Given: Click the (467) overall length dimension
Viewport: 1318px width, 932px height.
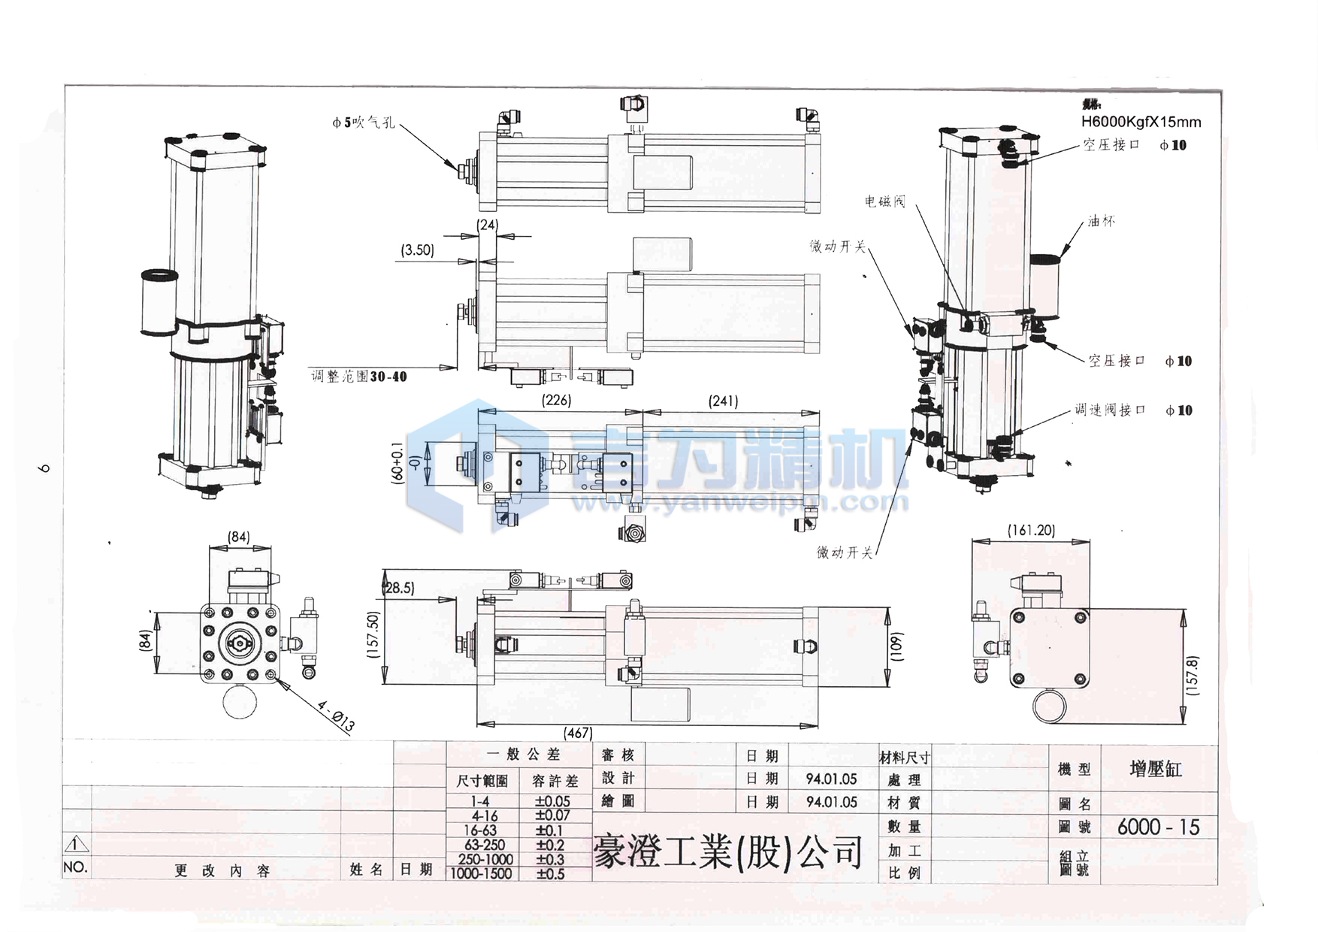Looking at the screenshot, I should click(578, 732).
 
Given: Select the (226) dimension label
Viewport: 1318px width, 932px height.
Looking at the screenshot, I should click(556, 400).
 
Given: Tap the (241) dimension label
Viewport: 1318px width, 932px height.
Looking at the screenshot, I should click(723, 401).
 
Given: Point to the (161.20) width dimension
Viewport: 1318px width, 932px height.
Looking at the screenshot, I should click(1031, 530).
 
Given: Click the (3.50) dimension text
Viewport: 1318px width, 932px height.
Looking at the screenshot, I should click(417, 250).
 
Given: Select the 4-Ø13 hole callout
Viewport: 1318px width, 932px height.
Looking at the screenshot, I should click(336, 716).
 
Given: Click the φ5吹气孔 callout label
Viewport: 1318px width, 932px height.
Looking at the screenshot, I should click(363, 122).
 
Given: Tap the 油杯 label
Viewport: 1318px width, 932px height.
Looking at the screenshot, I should click(1102, 221).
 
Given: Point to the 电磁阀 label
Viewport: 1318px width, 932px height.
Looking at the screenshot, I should click(884, 201).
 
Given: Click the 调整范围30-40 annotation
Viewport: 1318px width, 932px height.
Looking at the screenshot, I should click(359, 376).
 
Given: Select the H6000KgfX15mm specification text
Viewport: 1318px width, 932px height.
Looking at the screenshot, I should click(1141, 122).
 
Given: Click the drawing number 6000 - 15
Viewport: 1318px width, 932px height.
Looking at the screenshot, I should click(1158, 827).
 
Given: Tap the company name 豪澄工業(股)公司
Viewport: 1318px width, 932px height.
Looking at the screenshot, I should click(727, 852).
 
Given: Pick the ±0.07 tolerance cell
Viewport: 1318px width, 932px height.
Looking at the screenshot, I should click(552, 815).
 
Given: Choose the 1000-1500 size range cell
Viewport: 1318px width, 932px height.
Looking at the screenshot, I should click(481, 873).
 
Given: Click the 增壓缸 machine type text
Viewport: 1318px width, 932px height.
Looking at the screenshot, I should click(1156, 769).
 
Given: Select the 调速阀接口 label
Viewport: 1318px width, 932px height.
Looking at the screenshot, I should click(1110, 410).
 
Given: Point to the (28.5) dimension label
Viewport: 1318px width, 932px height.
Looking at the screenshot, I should click(399, 588).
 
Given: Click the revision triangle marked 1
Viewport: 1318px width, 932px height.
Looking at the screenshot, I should click(76, 844).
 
